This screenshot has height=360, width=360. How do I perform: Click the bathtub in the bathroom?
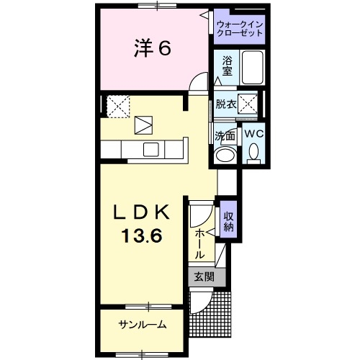(x=252, y=69)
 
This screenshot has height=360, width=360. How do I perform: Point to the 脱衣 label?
(x=225, y=104)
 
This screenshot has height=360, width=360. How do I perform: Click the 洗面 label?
(x=225, y=135)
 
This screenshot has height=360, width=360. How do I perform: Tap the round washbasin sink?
(x=225, y=154)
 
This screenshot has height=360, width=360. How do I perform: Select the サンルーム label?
(x=143, y=324)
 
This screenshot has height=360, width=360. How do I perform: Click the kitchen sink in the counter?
(x=152, y=149)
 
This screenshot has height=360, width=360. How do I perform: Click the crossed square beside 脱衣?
(x=251, y=104)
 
